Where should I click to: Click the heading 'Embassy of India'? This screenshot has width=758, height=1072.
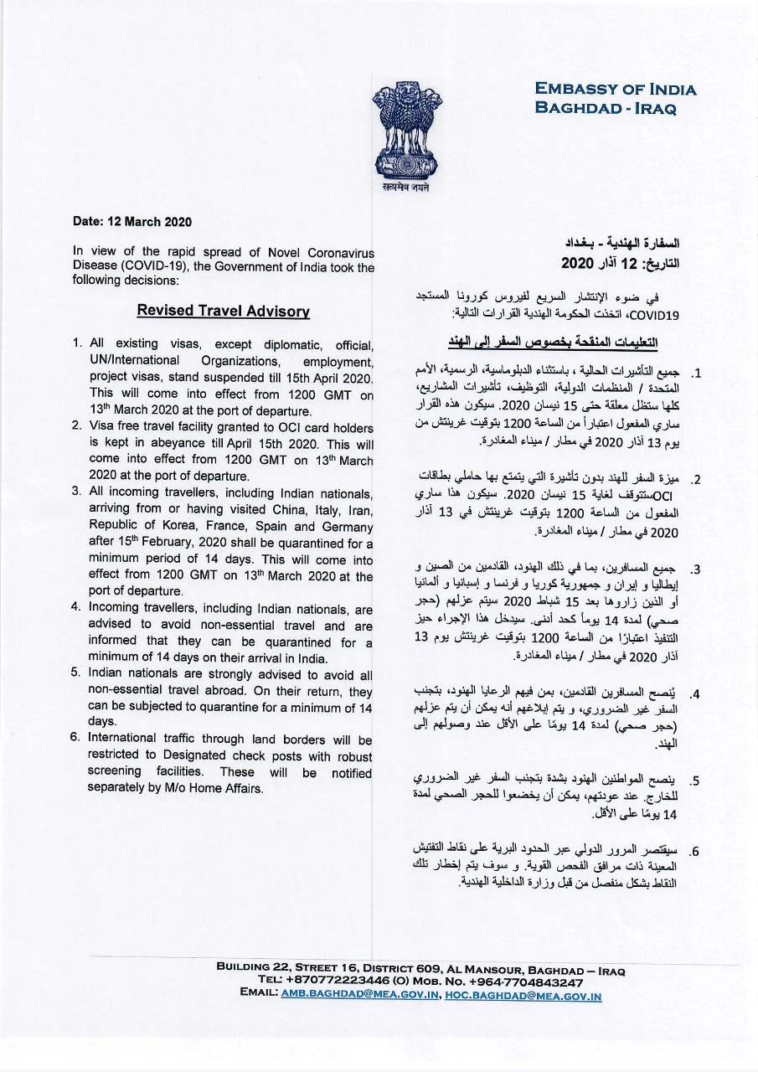pyautogui.click(x=616, y=90)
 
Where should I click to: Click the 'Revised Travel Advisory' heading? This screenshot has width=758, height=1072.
pyautogui.click(x=224, y=311)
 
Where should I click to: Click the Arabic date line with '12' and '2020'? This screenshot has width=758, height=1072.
pyautogui.click(x=619, y=263)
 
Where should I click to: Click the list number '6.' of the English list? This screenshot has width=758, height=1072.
pyautogui.click(x=75, y=740)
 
